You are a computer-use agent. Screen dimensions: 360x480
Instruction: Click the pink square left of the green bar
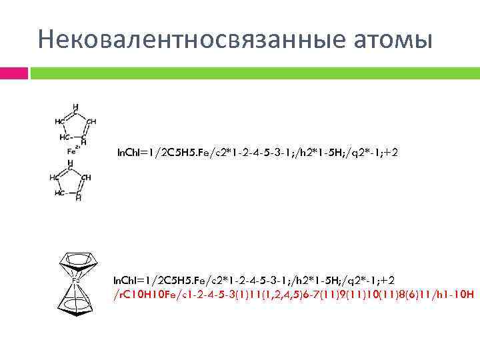pyautogui.click(x=13, y=73)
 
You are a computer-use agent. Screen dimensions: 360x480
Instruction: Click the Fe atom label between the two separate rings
pyautogui.click(x=71, y=151)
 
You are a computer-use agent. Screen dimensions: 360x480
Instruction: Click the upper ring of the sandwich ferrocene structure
pyautogui.click(x=78, y=259)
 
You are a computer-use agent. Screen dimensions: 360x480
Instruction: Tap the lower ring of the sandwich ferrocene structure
pyautogui.click(x=78, y=303)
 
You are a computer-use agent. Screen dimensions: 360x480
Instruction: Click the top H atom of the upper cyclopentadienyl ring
pyautogui.click(x=75, y=106)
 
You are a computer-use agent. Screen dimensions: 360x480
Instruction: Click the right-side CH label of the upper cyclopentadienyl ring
pyautogui.click(x=91, y=121)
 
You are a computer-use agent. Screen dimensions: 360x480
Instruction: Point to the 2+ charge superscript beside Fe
pyautogui.click(x=78, y=146)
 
